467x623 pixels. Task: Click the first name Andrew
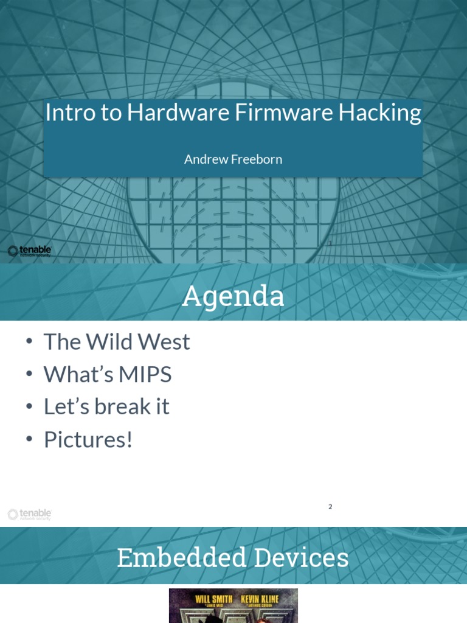tap(206, 159)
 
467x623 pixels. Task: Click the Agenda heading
tap(233, 296)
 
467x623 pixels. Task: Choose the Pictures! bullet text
tap(88, 440)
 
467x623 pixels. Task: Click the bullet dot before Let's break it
tap(29, 406)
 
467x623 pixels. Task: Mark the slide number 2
tap(330, 507)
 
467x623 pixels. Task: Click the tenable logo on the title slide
tap(29, 251)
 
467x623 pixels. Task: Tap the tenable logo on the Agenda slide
tap(29, 515)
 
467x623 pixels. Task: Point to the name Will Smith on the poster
tap(213, 599)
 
